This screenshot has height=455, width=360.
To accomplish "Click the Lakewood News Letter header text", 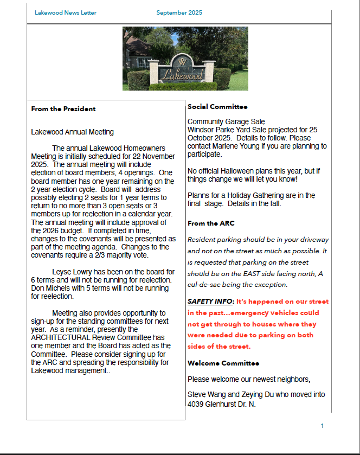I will point(66,12).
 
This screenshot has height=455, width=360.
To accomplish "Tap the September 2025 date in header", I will point(179,12).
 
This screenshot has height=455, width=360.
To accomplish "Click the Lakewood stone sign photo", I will point(185,59).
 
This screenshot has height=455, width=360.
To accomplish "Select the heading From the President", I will point(63,109).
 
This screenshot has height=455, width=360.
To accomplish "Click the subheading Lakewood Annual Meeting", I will point(72,132).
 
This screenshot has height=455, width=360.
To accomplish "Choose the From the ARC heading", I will point(211,223).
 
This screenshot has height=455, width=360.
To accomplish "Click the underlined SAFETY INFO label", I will point(210,301).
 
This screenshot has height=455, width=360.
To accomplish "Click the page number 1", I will point(322,426).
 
